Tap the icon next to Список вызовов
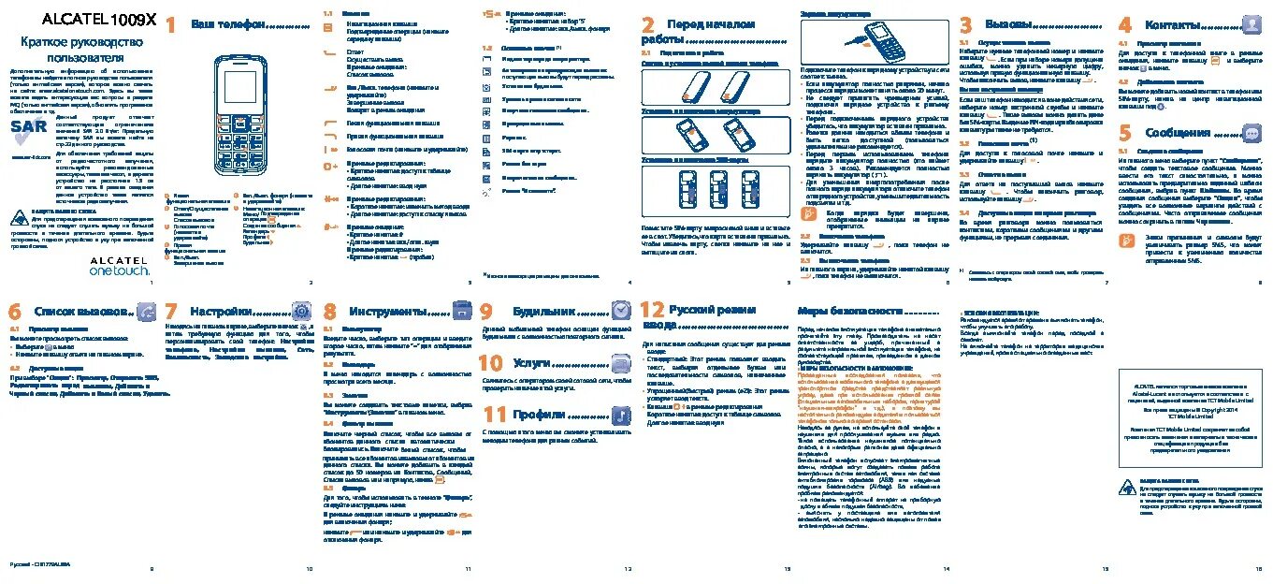146,312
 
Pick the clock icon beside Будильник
621,311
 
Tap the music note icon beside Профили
621,414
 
